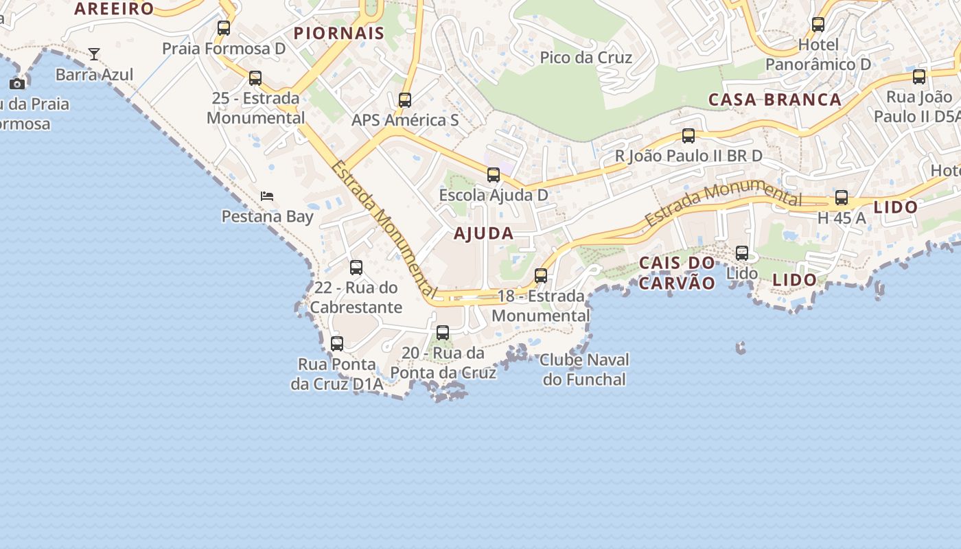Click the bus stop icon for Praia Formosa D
pos(224,28)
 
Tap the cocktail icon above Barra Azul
pos(94,54)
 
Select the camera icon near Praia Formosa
pos(17,84)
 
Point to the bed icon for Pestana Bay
pos(267,196)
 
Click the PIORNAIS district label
pos(339,33)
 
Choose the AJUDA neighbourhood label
pos(483,233)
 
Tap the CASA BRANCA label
pos(774,100)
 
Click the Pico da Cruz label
pos(586,57)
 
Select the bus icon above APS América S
pos(405,100)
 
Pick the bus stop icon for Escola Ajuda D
pos(494,175)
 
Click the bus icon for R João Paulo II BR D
pos(688,136)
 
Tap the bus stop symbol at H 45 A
pos(842,198)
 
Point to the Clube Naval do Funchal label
pos(584,369)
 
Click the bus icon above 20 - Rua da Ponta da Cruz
pos(443,333)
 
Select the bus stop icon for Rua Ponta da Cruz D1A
pos(337,344)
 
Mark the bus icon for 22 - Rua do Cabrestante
pos(356,268)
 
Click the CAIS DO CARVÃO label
pos(677,272)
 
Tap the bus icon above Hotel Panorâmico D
pos(818,25)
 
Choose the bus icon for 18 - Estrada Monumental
pos(541,276)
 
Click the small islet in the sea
pos(741,348)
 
